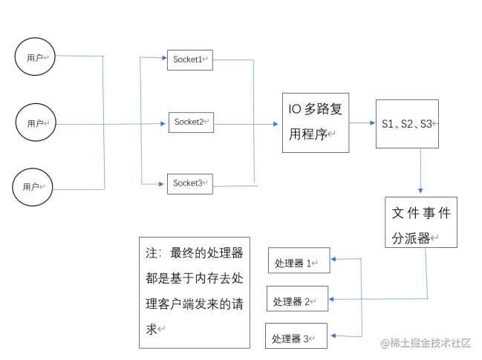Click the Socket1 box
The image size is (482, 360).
190,60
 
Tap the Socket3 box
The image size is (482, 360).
190,183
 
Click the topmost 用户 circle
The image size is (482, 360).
35,56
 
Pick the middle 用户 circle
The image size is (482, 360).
36,122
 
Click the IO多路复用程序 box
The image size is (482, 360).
315,122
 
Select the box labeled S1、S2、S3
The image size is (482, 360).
406,124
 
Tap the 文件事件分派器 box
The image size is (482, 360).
420,222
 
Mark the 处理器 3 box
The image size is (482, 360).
296,338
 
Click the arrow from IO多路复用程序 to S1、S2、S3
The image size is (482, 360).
362,123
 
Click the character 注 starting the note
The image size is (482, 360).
152,253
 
